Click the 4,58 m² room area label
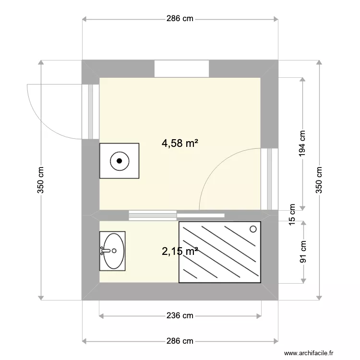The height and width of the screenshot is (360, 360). click(x=180, y=143)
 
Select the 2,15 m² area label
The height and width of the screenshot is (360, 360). click(x=180, y=251)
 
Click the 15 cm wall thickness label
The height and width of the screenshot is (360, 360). click(x=292, y=211)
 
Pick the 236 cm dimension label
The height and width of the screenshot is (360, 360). click(x=180, y=315)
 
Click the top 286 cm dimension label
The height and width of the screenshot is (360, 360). click(x=180, y=19)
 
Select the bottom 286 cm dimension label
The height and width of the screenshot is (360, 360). click(x=180, y=341)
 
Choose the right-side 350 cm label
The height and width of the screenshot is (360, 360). click(x=319, y=180)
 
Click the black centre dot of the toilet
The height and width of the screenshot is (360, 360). click(x=120, y=161)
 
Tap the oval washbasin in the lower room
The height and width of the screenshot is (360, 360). click(x=114, y=251)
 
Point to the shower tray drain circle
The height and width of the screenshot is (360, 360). click(x=253, y=229)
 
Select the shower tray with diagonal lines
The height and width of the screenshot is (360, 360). click(x=220, y=252)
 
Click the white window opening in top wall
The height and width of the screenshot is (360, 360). click(x=181, y=69)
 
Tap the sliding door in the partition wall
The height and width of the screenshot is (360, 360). click(x=177, y=215)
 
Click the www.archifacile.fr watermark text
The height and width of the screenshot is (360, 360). click(x=308, y=353)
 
